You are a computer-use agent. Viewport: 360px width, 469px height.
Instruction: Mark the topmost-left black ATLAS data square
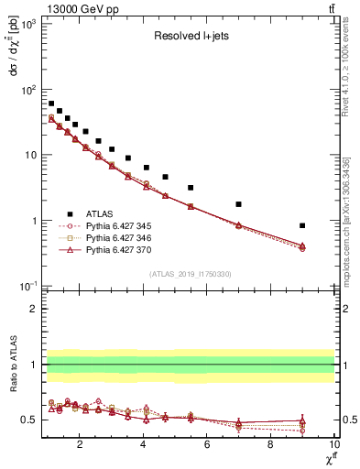pyautogui.click(x=51, y=104)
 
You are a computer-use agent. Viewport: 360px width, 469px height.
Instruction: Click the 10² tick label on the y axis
pyautogui.click(x=27, y=90)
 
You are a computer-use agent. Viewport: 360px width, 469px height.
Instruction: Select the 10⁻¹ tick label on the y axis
pyautogui.click(x=27, y=287)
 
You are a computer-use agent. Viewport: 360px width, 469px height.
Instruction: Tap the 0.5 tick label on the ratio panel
pyautogui.click(x=30, y=420)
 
